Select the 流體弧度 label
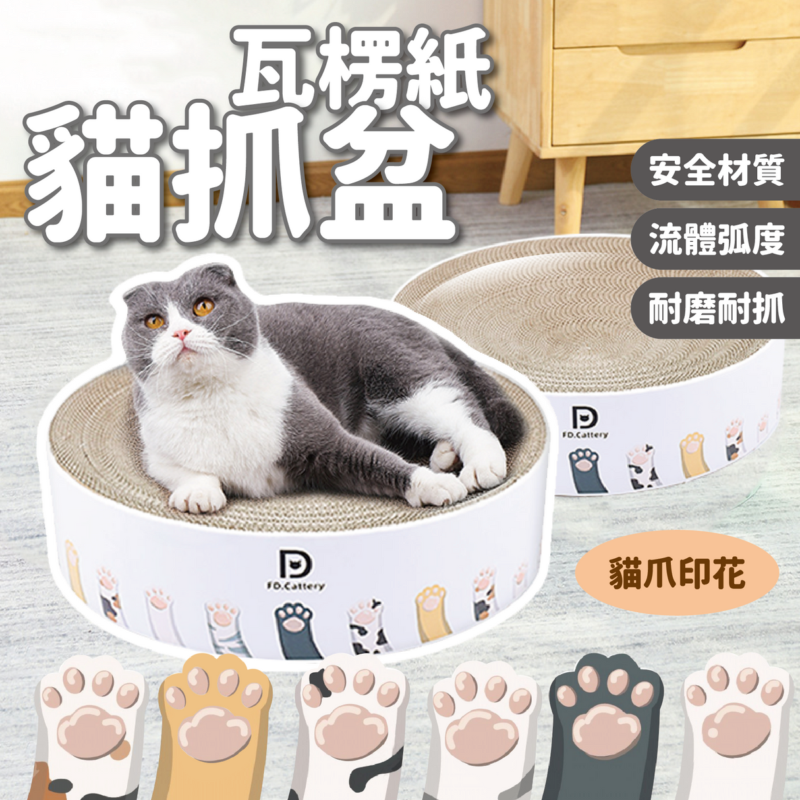(x=716, y=239)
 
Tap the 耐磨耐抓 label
(x=716, y=308)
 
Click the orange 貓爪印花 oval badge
(x=677, y=571)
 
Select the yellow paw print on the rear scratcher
(x=692, y=454)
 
